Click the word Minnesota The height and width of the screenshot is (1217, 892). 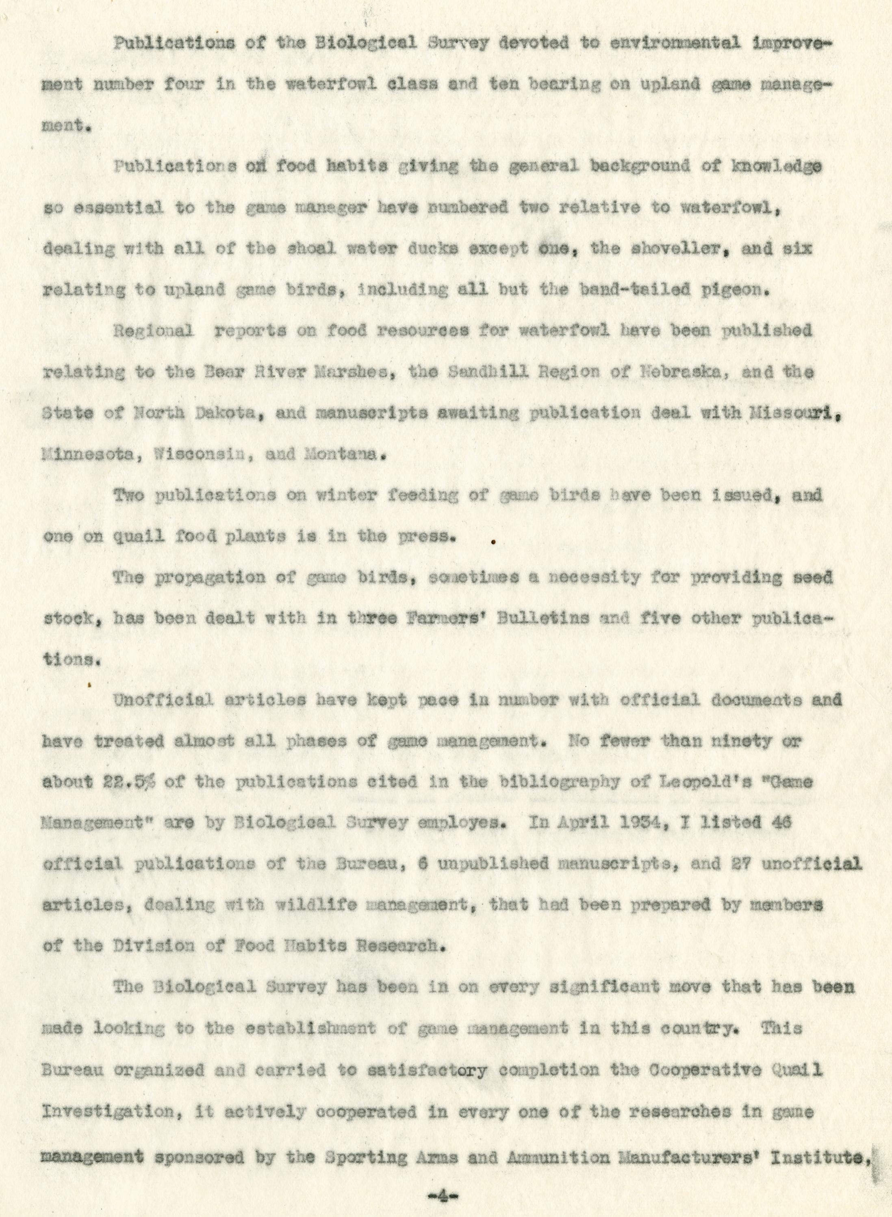click(84, 454)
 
